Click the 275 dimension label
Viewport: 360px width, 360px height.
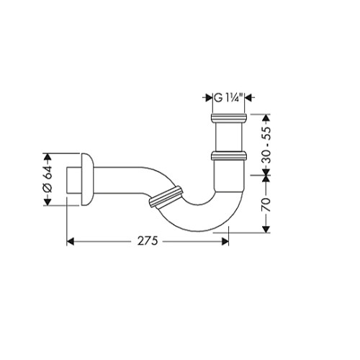(148, 241)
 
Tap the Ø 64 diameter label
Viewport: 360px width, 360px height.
(48, 179)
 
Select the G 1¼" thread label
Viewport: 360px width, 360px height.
(229, 98)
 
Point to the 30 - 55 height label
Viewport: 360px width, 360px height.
(266, 145)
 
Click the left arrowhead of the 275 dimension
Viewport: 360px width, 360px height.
(70, 241)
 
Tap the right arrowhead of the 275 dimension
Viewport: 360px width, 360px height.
(225, 241)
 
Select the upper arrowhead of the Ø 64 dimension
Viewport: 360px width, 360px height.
(48, 157)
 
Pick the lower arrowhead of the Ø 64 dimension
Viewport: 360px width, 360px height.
(48, 202)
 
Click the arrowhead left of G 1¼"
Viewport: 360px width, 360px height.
(209, 98)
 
